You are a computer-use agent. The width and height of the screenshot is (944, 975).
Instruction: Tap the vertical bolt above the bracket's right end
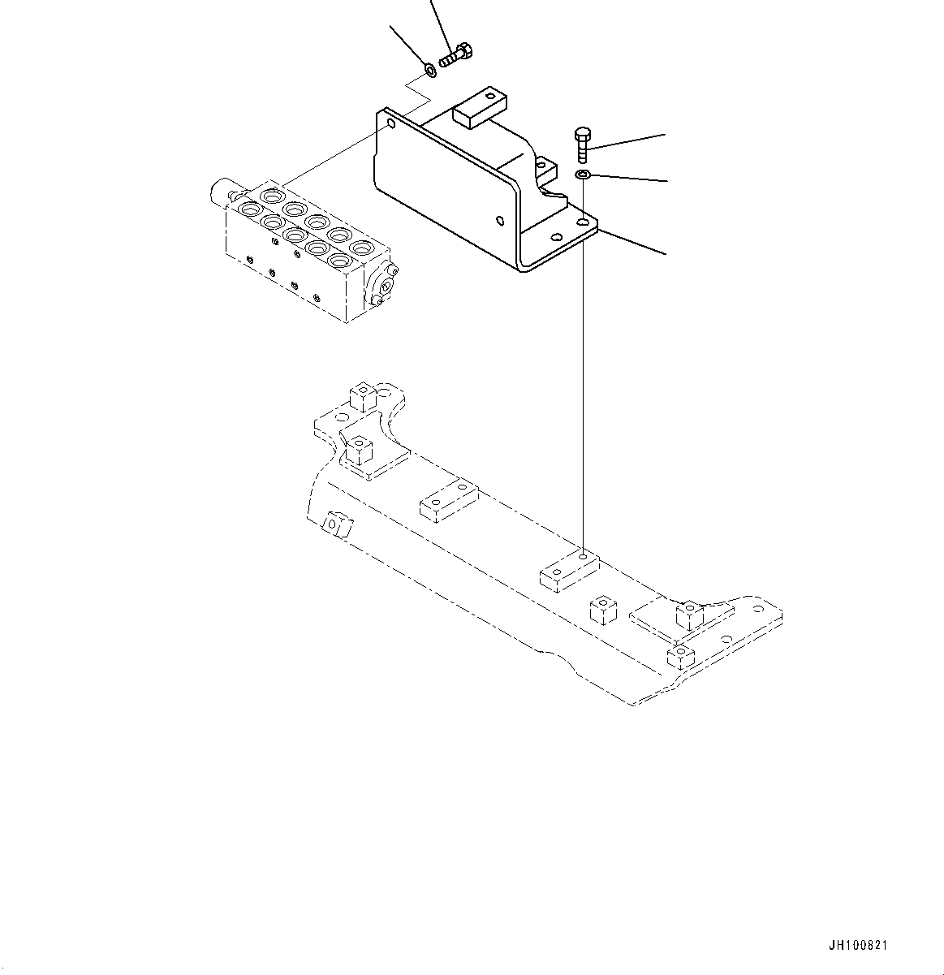pos(582,144)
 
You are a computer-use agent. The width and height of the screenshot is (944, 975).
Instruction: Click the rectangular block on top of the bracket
pos(480,108)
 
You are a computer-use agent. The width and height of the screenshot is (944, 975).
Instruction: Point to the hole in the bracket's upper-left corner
pos(390,125)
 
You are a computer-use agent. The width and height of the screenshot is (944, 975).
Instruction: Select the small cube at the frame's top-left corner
pos(362,396)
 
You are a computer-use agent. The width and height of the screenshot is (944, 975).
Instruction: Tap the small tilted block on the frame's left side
pos(337,525)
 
